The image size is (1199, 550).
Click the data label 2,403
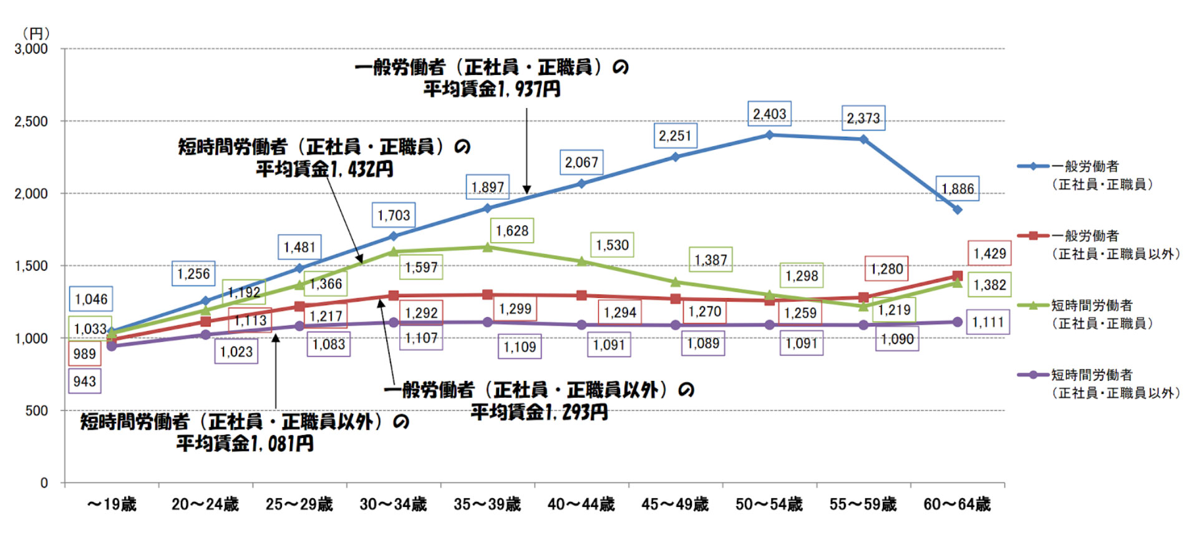(769, 114)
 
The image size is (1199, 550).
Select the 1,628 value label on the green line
(512, 231)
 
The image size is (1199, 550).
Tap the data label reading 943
(84, 381)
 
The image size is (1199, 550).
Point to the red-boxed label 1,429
(989, 253)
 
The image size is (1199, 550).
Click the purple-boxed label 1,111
(988, 322)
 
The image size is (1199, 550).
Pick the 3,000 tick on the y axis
(31, 49)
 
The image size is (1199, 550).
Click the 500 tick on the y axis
(37, 411)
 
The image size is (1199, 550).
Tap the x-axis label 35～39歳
(487, 504)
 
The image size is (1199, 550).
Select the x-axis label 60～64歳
(957, 504)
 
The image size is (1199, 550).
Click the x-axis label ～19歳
(112, 504)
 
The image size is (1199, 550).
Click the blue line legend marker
(1033, 166)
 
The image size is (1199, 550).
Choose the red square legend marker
(1033, 235)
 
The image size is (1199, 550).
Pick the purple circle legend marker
(1033, 375)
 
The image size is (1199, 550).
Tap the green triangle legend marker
(1033, 305)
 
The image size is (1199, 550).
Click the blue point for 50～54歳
(769, 135)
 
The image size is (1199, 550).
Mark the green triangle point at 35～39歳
(488, 247)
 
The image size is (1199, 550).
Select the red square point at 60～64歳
(957, 276)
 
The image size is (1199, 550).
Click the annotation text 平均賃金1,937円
(492, 89)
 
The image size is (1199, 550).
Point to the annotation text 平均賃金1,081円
(245, 444)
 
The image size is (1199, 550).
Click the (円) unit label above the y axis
(36, 34)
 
